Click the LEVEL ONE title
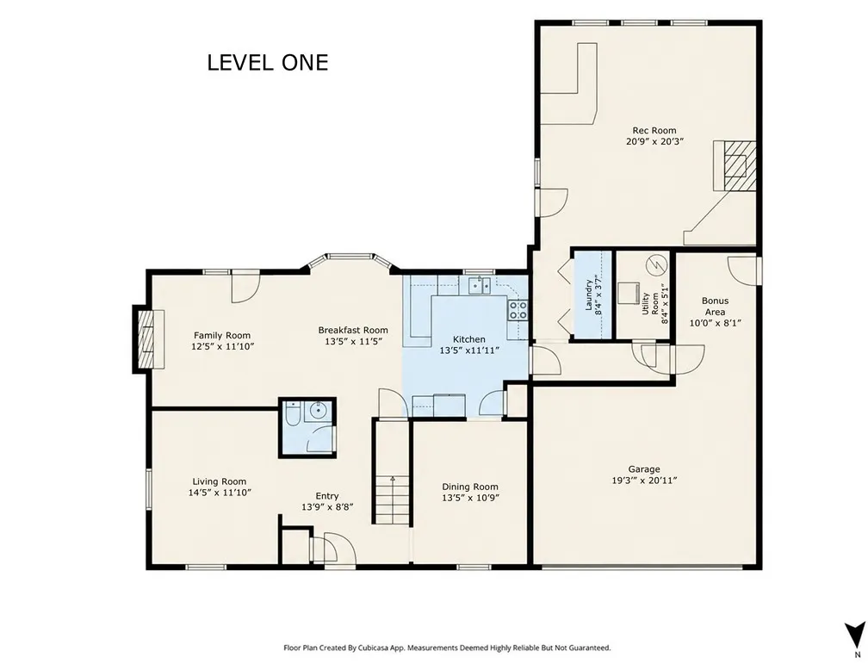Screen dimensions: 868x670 point(268,63)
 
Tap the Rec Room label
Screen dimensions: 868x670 point(654,131)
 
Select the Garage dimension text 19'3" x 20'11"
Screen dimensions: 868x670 point(644,481)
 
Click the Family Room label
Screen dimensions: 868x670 point(222,336)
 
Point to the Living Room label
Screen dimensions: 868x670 point(220,481)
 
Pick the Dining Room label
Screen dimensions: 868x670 point(470,487)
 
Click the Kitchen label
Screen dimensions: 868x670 point(468,339)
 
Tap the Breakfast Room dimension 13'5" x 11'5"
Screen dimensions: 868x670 point(353,342)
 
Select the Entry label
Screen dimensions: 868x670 point(327,496)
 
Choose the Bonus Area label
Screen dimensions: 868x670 point(716,307)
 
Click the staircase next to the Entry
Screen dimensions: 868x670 point(392,499)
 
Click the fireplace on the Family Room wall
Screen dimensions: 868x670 point(145,339)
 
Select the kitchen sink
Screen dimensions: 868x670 point(480,286)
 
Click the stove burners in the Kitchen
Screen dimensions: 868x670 point(518,310)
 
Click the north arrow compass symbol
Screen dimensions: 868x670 point(854,634)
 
